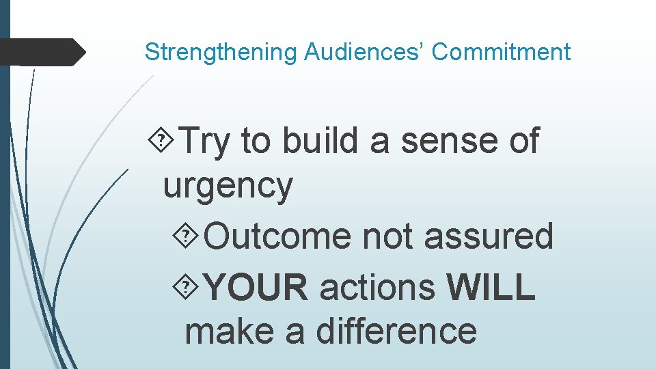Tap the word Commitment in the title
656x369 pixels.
[501, 52]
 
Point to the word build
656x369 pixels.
[320, 141]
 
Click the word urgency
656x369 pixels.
[228, 186]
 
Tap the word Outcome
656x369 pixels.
[277, 236]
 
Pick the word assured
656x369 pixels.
[488, 236]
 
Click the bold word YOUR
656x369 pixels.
[256, 287]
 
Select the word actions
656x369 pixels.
[377, 287]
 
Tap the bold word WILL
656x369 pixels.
[491, 287]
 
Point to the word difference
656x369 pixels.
[396, 331]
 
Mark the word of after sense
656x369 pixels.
[524, 141]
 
